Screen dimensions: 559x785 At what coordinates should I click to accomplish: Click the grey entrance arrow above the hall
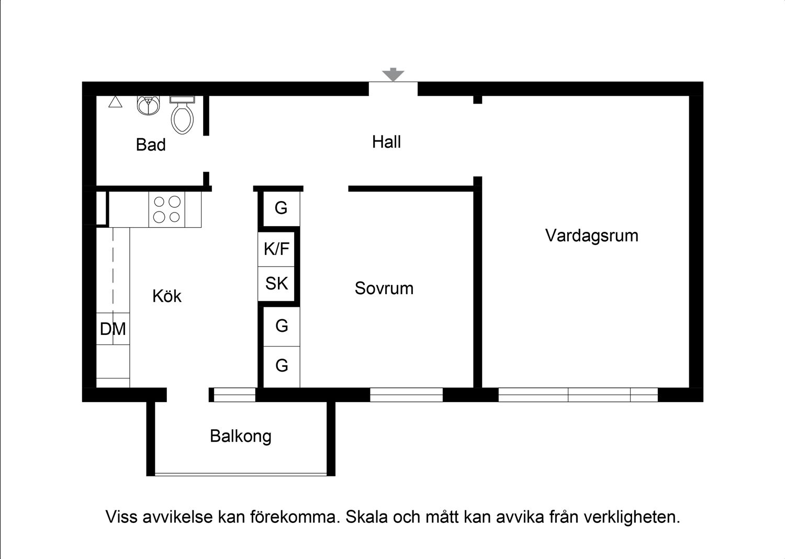pos(392,75)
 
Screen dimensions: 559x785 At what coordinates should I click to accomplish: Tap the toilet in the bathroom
pos(182,116)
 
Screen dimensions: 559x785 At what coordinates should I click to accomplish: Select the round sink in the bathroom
pos(149,105)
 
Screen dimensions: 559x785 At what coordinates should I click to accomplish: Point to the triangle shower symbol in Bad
pos(115,102)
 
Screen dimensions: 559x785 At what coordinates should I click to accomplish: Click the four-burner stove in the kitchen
pos(166,209)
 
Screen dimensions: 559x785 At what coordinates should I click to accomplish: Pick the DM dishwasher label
pos(113,329)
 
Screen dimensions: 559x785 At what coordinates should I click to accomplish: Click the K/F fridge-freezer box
pos(277,249)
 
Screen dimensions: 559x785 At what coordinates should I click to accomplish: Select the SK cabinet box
pos(277,283)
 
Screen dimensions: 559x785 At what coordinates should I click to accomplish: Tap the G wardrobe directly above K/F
pos(281,208)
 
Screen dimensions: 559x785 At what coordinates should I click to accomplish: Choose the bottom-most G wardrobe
pos(282,365)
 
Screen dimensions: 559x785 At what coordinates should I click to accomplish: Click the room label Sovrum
pos(384,288)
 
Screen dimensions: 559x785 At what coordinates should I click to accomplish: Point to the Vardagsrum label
pos(591,236)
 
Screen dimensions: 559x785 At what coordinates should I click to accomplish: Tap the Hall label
pos(386,142)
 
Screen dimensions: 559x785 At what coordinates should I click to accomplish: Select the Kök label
pos(166,296)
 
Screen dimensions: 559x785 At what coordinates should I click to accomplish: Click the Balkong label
pos(240,436)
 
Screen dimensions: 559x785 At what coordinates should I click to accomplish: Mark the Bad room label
pos(151,144)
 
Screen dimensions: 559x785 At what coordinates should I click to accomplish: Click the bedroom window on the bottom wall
pos(406,395)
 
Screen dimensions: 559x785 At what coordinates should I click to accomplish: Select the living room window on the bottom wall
pos(578,395)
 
